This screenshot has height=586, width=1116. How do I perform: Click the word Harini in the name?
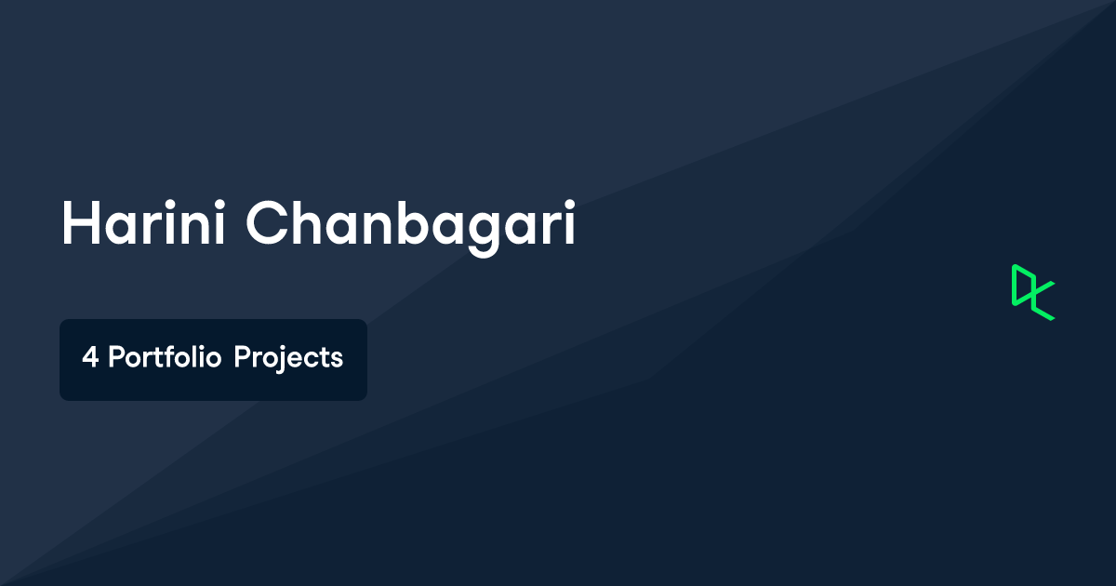pyautogui.click(x=143, y=222)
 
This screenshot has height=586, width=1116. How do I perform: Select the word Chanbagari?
pyautogui.click(x=411, y=228)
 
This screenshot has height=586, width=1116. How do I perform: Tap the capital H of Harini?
pyautogui.click(x=81, y=222)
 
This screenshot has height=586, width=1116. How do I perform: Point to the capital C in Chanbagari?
pyautogui.click(x=267, y=222)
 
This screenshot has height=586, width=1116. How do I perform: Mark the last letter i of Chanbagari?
pyautogui.click(x=570, y=222)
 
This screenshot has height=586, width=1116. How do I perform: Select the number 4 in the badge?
pyautogui.click(x=89, y=357)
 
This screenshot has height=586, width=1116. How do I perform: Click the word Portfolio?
pyautogui.click(x=165, y=357)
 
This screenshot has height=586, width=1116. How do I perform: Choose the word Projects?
pyautogui.click(x=288, y=359)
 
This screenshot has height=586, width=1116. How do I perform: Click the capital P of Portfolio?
pyautogui.click(x=116, y=357)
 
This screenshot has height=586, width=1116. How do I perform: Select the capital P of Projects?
pyautogui.click(x=243, y=357)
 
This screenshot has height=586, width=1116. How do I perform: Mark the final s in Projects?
pyautogui.click(x=337, y=360)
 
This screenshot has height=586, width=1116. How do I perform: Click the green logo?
pyautogui.click(x=1033, y=292)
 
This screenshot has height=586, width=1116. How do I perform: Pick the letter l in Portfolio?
pyautogui.click(x=193, y=356)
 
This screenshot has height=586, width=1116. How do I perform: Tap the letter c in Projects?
pyautogui.click(x=310, y=360)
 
